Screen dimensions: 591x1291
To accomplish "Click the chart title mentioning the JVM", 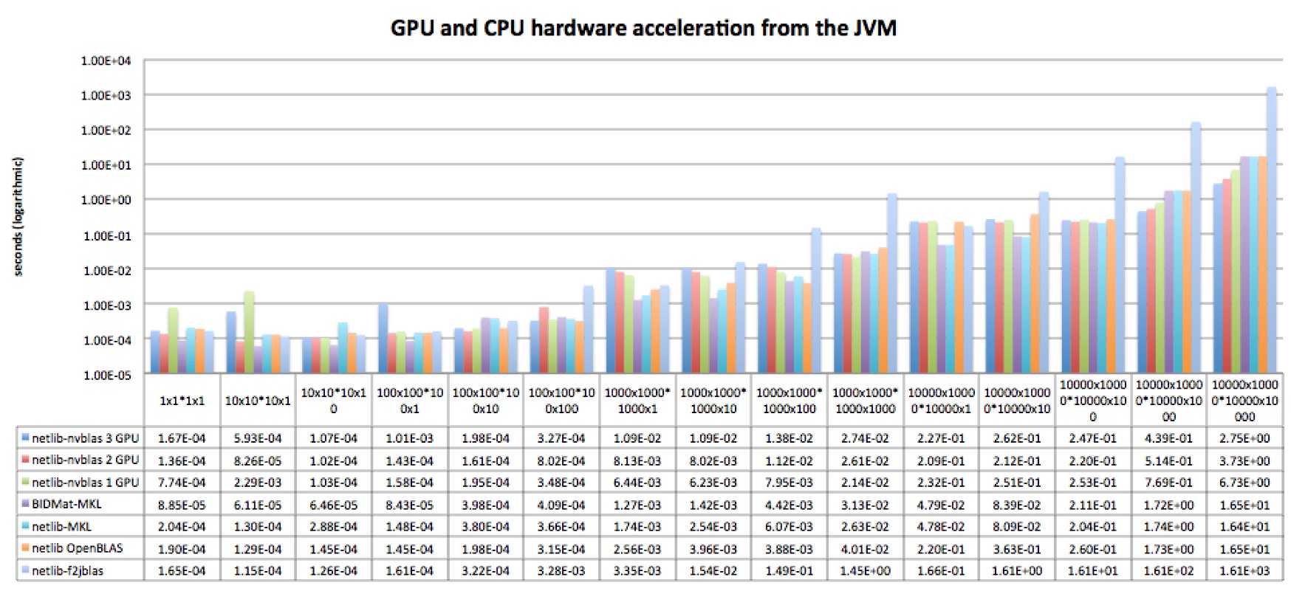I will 643,28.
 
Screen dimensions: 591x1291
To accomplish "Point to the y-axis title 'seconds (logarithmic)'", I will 18,216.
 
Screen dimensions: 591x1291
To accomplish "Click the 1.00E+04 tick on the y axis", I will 106,61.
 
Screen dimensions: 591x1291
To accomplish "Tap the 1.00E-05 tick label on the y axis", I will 106,375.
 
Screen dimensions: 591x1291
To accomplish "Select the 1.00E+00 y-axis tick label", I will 106,200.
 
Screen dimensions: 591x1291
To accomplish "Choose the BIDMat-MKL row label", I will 66,505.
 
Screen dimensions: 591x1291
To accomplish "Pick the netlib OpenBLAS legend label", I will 77,548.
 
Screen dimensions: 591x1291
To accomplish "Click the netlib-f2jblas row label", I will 67,570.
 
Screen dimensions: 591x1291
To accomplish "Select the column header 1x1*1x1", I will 182,401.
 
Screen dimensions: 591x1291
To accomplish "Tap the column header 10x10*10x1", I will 258,401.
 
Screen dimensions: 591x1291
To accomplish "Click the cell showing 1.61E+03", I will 1244,570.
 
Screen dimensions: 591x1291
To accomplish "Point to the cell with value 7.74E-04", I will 182,483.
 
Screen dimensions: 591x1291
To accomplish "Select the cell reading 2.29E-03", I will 258,483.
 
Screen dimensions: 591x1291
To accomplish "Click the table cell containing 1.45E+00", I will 865,570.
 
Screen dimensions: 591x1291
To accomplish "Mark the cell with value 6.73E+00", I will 1244,483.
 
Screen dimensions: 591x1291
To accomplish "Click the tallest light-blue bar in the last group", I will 1272,229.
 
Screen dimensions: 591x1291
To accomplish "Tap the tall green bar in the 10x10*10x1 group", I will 249,332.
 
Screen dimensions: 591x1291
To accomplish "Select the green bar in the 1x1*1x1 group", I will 173,339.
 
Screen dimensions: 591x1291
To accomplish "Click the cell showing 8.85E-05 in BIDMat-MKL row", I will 182,505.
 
